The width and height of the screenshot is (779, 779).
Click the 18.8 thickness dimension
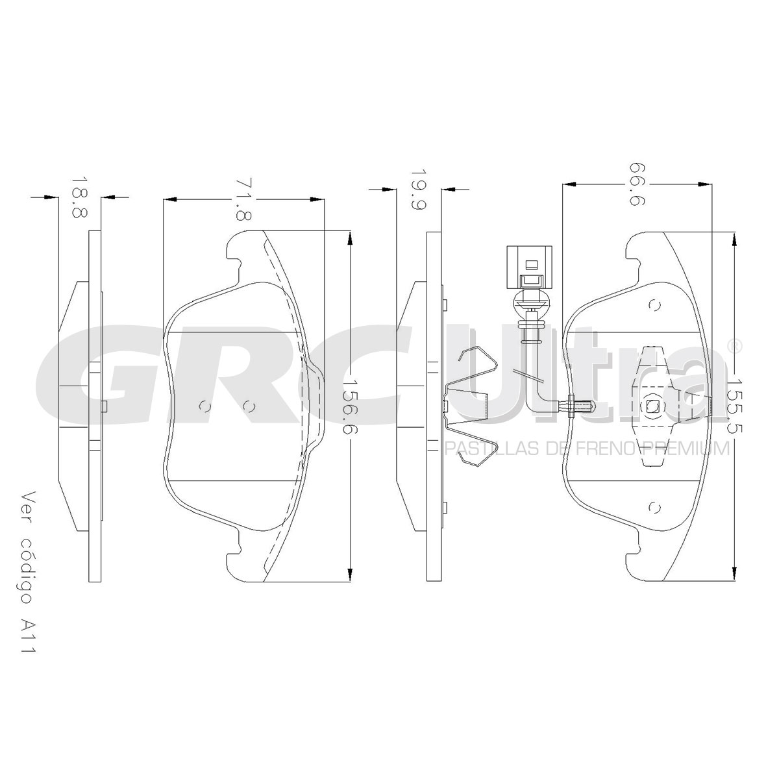[79, 197]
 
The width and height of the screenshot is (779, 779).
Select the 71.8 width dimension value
[243, 199]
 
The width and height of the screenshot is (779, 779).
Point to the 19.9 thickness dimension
[419, 189]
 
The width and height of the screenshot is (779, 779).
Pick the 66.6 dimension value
[637, 184]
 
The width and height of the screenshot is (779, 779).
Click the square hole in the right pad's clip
[652, 404]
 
